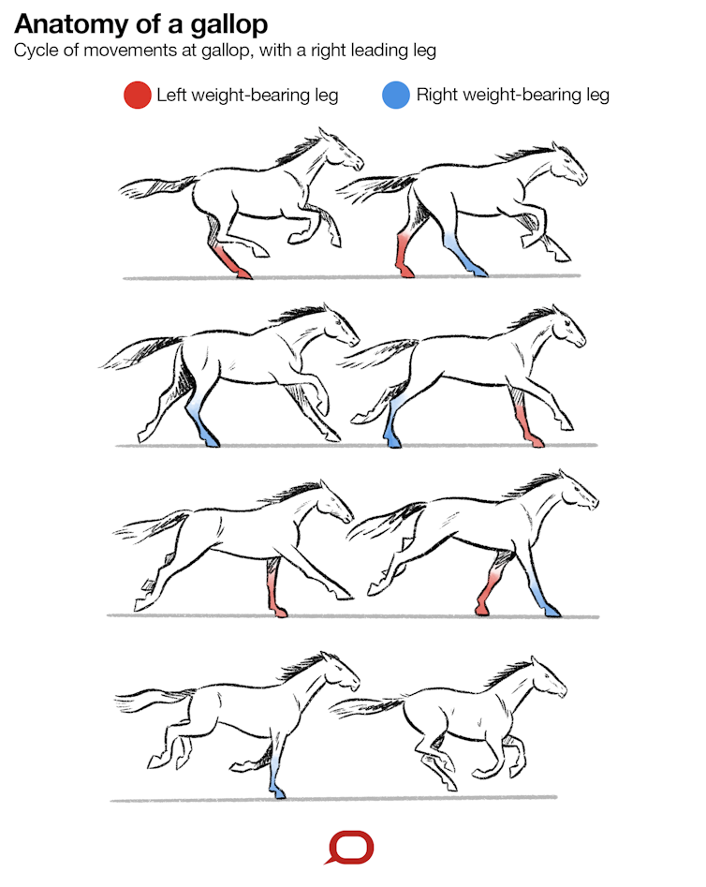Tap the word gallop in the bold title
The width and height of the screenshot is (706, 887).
[x=229, y=26]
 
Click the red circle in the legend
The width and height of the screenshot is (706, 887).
[x=138, y=95]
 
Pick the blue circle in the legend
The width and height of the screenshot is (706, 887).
[x=396, y=95]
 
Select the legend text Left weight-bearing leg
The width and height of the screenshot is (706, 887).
[x=247, y=95]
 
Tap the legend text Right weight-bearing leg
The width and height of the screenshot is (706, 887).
[x=512, y=95]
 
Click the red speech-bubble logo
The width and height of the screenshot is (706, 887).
[x=351, y=847]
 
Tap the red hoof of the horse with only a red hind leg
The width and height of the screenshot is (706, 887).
[x=243, y=273]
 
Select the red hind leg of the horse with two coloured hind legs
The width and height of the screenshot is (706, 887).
[x=404, y=255]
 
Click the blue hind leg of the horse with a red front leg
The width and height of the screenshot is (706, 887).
[x=391, y=424]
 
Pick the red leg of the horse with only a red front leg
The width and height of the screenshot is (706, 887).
[x=275, y=589]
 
